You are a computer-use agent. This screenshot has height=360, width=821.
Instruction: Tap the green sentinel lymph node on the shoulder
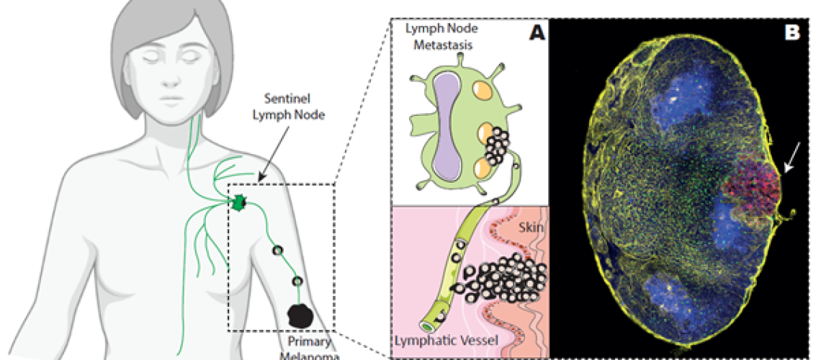pos(238,203)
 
